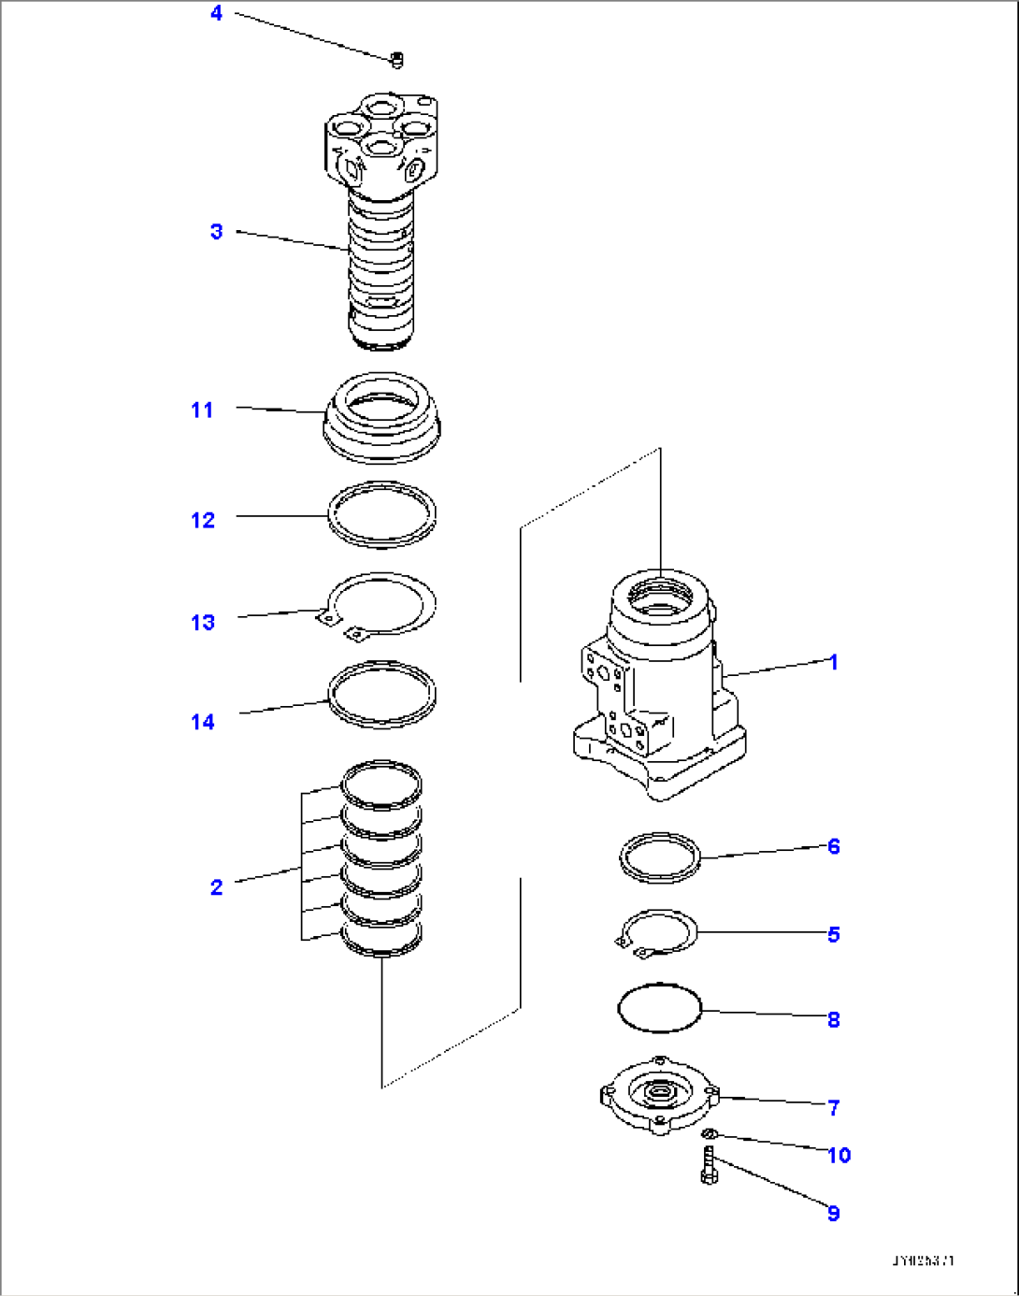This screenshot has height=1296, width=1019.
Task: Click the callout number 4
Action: click(x=216, y=13)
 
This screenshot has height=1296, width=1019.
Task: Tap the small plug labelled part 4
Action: click(x=396, y=61)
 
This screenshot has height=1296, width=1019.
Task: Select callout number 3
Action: click(x=216, y=231)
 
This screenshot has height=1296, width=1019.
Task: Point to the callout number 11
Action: click(x=202, y=410)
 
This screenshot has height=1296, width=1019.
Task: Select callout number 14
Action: click(x=202, y=722)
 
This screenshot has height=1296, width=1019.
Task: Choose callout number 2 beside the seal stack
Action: click(x=216, y=886)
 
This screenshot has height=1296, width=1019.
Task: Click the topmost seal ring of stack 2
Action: click(x=380, y=784)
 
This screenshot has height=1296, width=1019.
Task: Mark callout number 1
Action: click(x=832, y=662)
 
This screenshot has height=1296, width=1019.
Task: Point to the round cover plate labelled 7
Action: click(x=660, y=1094)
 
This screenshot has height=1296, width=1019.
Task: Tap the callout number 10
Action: click(x=839, y=1155)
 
